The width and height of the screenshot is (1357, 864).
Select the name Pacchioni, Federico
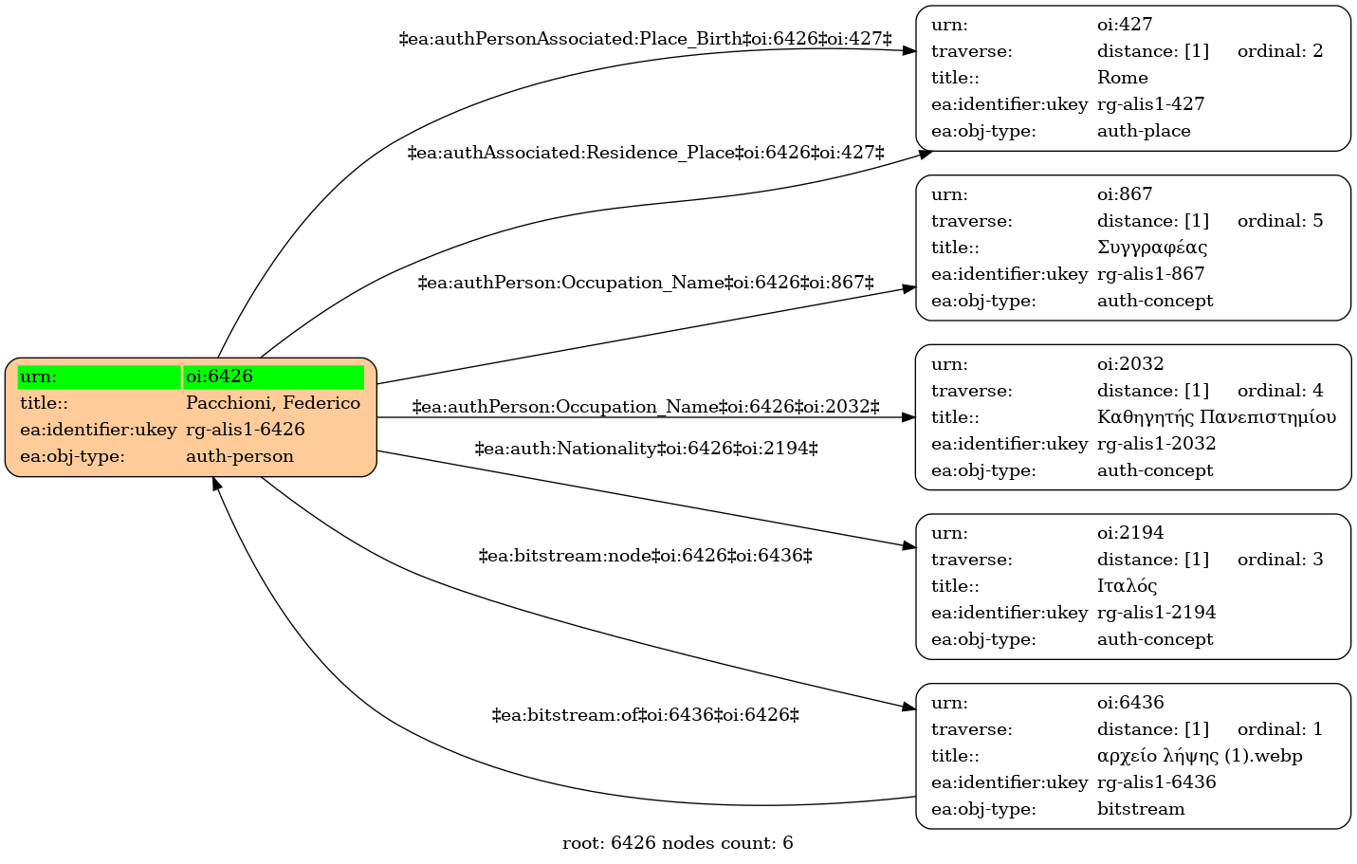click(x=272, y=403)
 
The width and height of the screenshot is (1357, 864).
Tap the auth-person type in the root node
click(x=239, y=456)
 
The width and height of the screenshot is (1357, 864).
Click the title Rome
click(x=1122, y=78)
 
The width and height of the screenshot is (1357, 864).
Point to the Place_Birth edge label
click(x=645, y=39)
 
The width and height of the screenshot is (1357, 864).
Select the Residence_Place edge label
click(x=646, y=153)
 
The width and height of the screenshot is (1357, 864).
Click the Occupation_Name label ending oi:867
click(x=646, y=283)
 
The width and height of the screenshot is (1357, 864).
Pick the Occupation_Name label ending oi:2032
click(x=646, y=407)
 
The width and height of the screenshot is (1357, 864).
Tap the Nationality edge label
click(x=647, y=449)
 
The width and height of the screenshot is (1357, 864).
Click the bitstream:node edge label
click(x=645, y=556)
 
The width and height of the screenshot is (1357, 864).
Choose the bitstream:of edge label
click(x=645, y=715)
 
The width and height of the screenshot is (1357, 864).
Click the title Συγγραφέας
click(x=1151, y=248)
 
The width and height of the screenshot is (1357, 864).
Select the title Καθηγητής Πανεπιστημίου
click(x=1217, y=417)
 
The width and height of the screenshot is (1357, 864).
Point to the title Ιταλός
click(x=1127, y=586)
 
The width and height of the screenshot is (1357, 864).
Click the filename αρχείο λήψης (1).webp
click(x=1200, y=756)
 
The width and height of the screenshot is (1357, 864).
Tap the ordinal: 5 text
click(x=1280, y=221)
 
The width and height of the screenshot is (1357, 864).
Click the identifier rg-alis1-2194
click(x=1157, y=613)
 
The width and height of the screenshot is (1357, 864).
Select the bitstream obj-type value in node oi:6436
click(x=1141, y=809)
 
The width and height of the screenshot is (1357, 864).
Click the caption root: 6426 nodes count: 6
click(x=677, y=843)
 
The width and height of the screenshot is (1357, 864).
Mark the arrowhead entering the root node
click(x=215, y=484)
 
